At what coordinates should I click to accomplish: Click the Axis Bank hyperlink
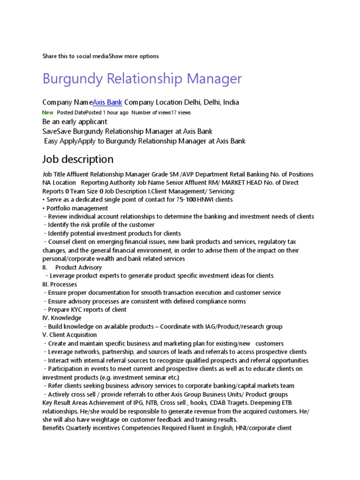pos(107,102)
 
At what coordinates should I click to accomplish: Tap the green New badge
pos(48,112)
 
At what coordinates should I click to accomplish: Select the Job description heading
pos(78,159)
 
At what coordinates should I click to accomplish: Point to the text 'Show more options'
pos(134,56)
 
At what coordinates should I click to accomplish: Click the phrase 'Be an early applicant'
pos(75,122)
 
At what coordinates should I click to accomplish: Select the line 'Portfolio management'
pos(77,208)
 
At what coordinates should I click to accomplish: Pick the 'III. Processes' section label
pos(60,284)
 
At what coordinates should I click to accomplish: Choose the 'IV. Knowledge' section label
pos(62,318)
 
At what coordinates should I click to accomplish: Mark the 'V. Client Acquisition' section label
pos(70,335)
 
